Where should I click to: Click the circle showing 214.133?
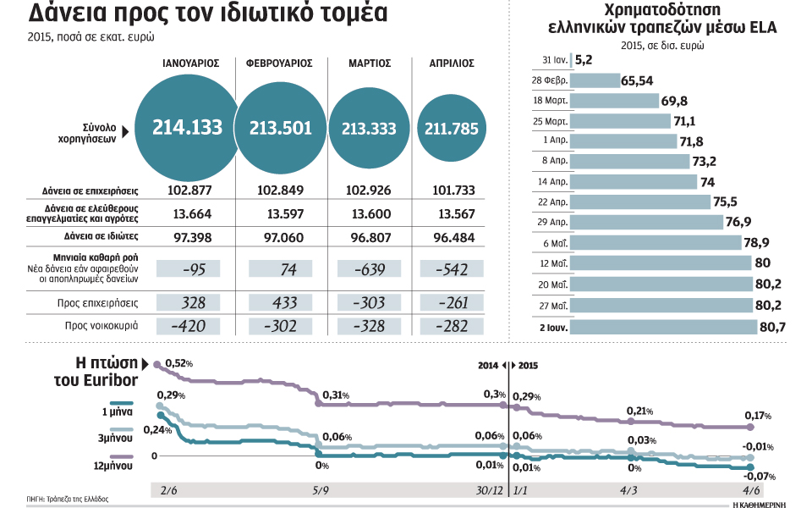[x=187, y=128]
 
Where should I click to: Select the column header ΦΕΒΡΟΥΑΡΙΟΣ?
[x=279, y=63]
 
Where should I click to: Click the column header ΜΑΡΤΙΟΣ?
[x=370, y=63]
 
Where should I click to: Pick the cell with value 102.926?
[x=370, y=190]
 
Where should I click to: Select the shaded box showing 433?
[x=280, y=301]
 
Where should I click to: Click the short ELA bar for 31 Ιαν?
[x=572, y=60]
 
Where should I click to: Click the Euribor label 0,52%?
[x=178, y=363]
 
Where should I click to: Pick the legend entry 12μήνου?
[x=117, y=465]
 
